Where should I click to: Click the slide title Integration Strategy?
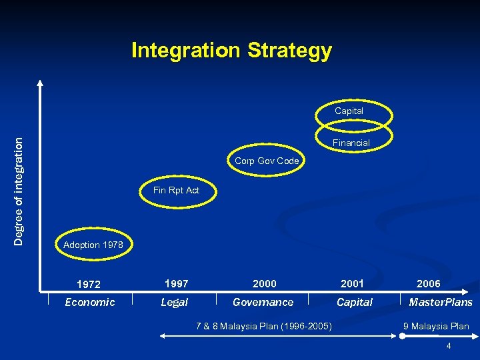click(231, 51)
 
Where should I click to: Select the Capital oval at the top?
click(349, 111)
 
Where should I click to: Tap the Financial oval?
click(351, 143)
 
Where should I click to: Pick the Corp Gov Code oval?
click(266, 161)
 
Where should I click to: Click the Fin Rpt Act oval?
click(176, 191)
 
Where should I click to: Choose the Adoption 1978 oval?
click(93, 245)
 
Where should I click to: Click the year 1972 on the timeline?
click(89, 285)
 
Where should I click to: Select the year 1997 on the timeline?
click(176, 284)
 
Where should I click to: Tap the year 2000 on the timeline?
click(264, 284)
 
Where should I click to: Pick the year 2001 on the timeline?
click(352, 284)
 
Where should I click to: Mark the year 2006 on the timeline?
click(428, 284)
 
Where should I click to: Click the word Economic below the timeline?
click(89, 303)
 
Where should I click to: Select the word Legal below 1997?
click(175, 303)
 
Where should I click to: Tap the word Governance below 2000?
click(263, 303)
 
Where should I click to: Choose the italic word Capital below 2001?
click(354, 303)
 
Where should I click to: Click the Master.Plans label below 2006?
click(440, 303)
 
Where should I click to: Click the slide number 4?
click(449, 346)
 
